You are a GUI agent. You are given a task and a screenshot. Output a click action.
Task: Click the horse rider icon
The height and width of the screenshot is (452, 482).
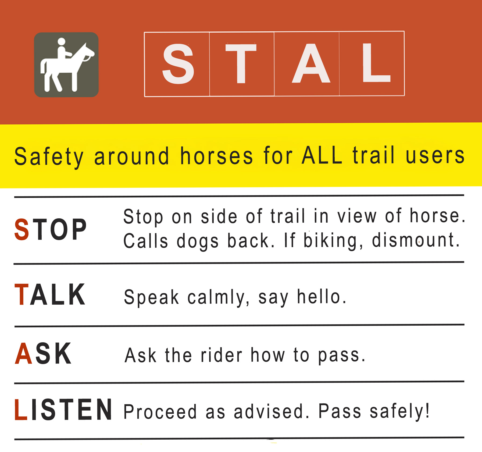pos(66,65)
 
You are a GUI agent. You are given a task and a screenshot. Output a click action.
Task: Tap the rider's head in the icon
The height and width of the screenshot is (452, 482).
pos(62,42)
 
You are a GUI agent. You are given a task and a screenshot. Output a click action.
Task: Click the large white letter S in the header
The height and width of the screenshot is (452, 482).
pos(178,64)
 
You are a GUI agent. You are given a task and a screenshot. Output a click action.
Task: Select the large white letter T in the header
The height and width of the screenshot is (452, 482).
pos(241,63)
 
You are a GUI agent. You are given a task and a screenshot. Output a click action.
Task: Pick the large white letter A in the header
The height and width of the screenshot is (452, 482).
pos(311,63)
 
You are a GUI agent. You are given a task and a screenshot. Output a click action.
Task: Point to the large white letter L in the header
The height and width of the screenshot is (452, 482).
pos(376,62)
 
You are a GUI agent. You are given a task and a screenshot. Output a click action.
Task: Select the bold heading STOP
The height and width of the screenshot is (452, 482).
pos(51,229)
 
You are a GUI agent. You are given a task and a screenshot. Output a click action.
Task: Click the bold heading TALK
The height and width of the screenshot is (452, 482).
pos(50,294)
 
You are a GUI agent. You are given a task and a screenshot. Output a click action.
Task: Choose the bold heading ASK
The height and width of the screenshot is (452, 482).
pos(43,353)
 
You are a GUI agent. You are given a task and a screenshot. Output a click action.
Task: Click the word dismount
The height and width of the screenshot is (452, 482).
pos(416,240)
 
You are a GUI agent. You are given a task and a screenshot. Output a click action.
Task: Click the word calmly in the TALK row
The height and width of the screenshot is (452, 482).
pos(219,298)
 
